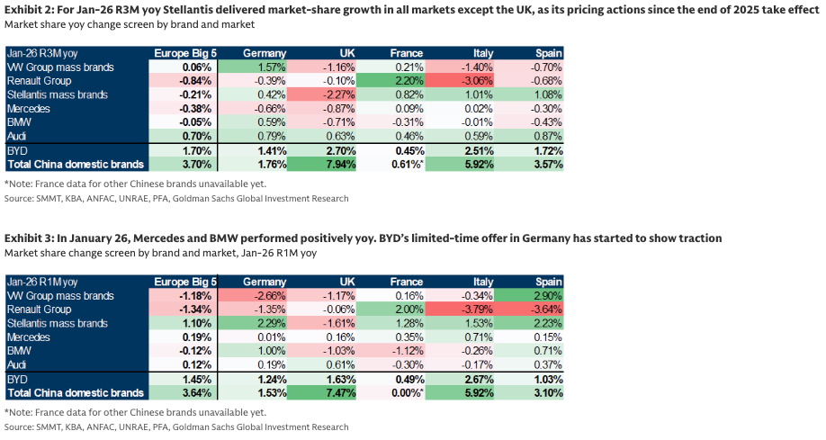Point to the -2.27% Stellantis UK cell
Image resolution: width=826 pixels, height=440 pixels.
click(x=339, y=94)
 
